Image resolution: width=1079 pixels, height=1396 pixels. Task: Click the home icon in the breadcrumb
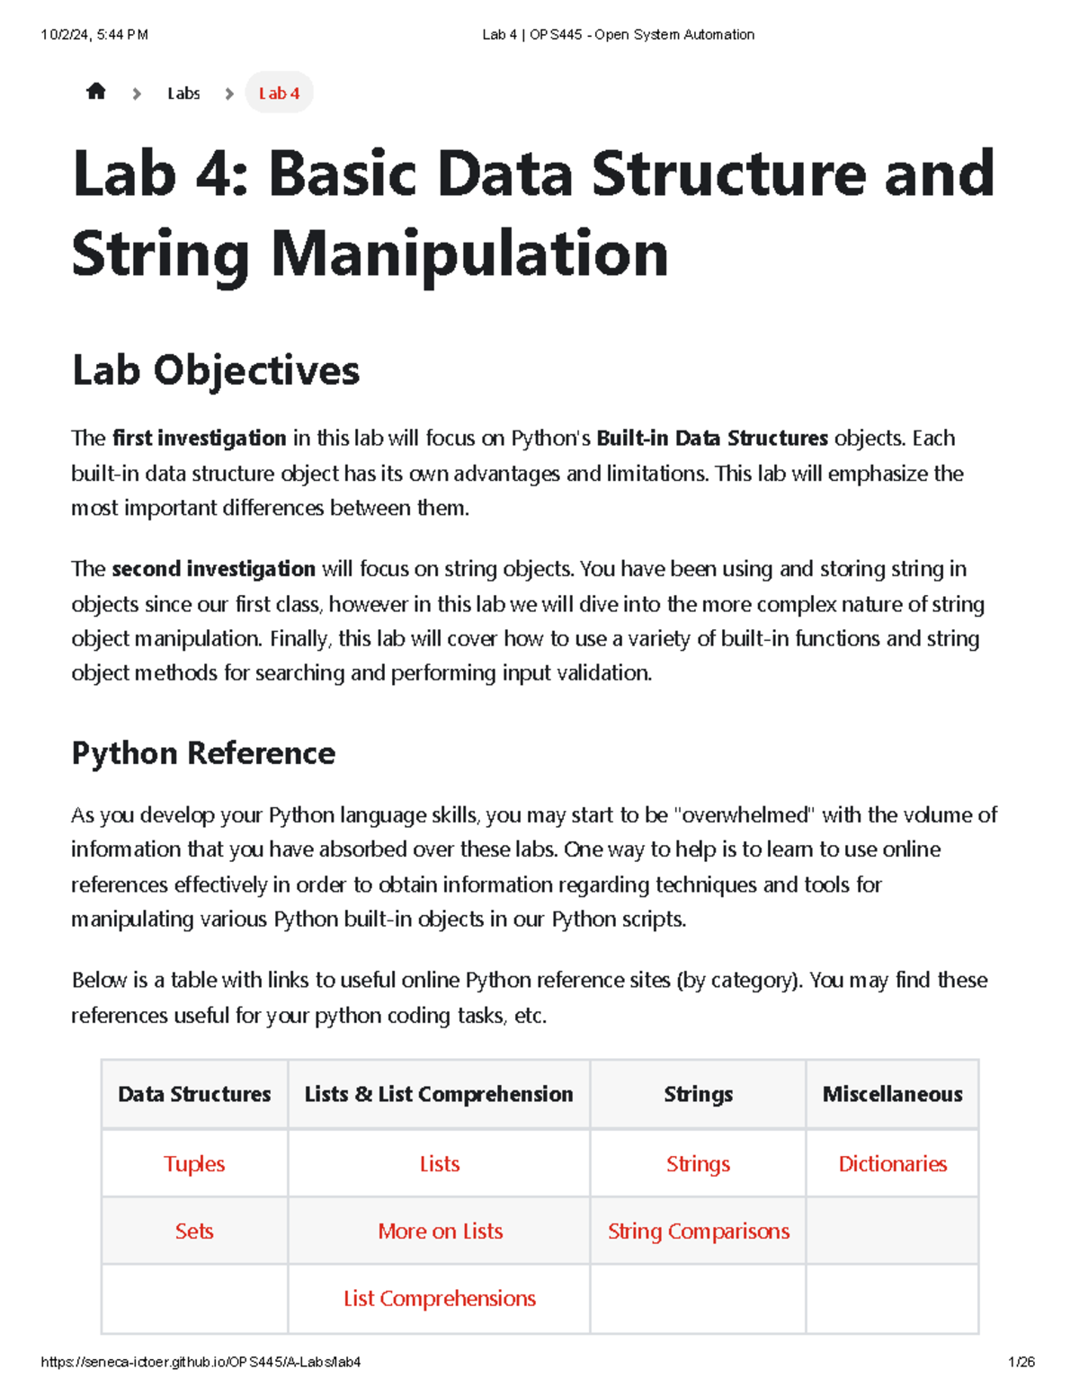(x=96, y=92)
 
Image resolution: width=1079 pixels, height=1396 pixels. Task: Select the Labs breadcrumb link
(x=183, y=93)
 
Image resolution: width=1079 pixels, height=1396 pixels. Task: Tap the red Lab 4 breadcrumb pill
(x=279, y=93)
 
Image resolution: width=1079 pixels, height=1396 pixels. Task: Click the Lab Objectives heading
(x=216, y=370)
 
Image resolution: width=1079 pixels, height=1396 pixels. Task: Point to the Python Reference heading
(x=203, y=753)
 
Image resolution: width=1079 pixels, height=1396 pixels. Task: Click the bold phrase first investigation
(x=199, y=439)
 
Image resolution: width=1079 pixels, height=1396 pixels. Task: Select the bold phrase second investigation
(x=213, y=569)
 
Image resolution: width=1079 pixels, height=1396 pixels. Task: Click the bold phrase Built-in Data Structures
(x=712, y=439)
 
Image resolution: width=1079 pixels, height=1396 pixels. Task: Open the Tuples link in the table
(x=194, y=1164)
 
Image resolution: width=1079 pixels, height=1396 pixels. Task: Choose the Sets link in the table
(x=194, y=1232)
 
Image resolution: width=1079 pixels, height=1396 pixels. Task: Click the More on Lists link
(x=440, y=1232)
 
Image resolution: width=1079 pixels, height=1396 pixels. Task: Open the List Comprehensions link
(x=440, y=1299)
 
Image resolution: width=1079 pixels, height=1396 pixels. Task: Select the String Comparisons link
(x=699, y=1232)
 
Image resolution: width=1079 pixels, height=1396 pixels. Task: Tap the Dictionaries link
(x=893, y=1164)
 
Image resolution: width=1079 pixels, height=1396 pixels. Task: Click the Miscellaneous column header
(x=893, y=1094)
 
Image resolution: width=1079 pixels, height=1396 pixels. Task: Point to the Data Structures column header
(x=194, y=1094)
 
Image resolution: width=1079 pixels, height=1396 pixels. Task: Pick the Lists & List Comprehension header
(x=439, y=1094)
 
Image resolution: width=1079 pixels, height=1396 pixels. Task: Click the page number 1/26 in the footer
(x=1021, y=1362)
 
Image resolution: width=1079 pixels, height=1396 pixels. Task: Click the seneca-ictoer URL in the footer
(x=201, y=1362)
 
